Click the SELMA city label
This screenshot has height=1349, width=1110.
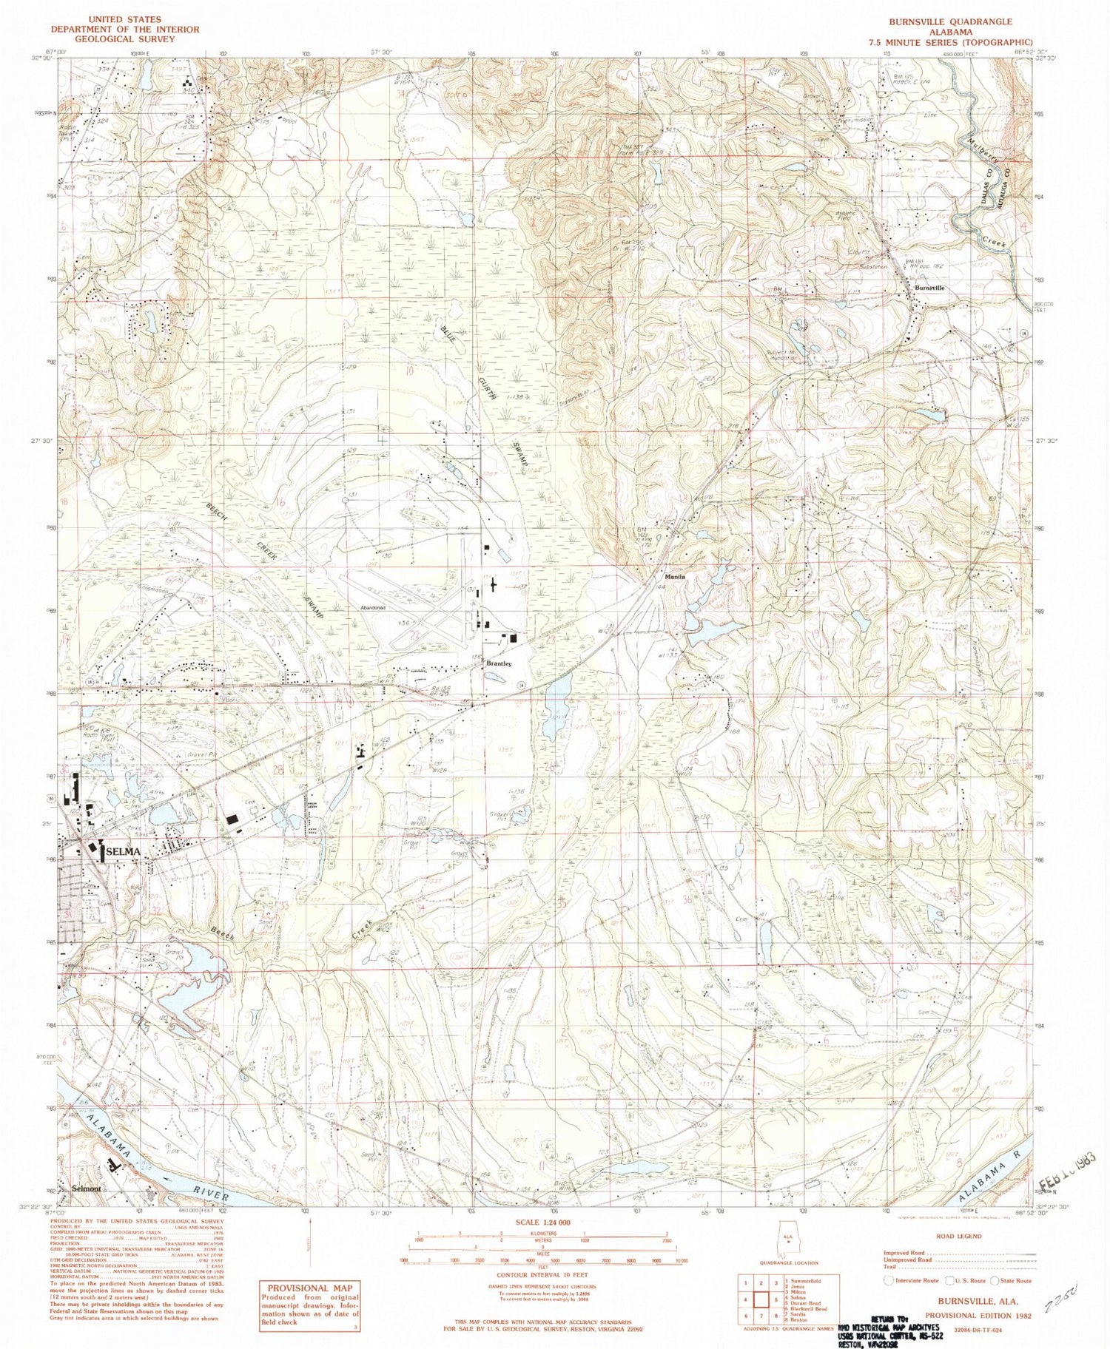pyautogui.click(x=124, y=851)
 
